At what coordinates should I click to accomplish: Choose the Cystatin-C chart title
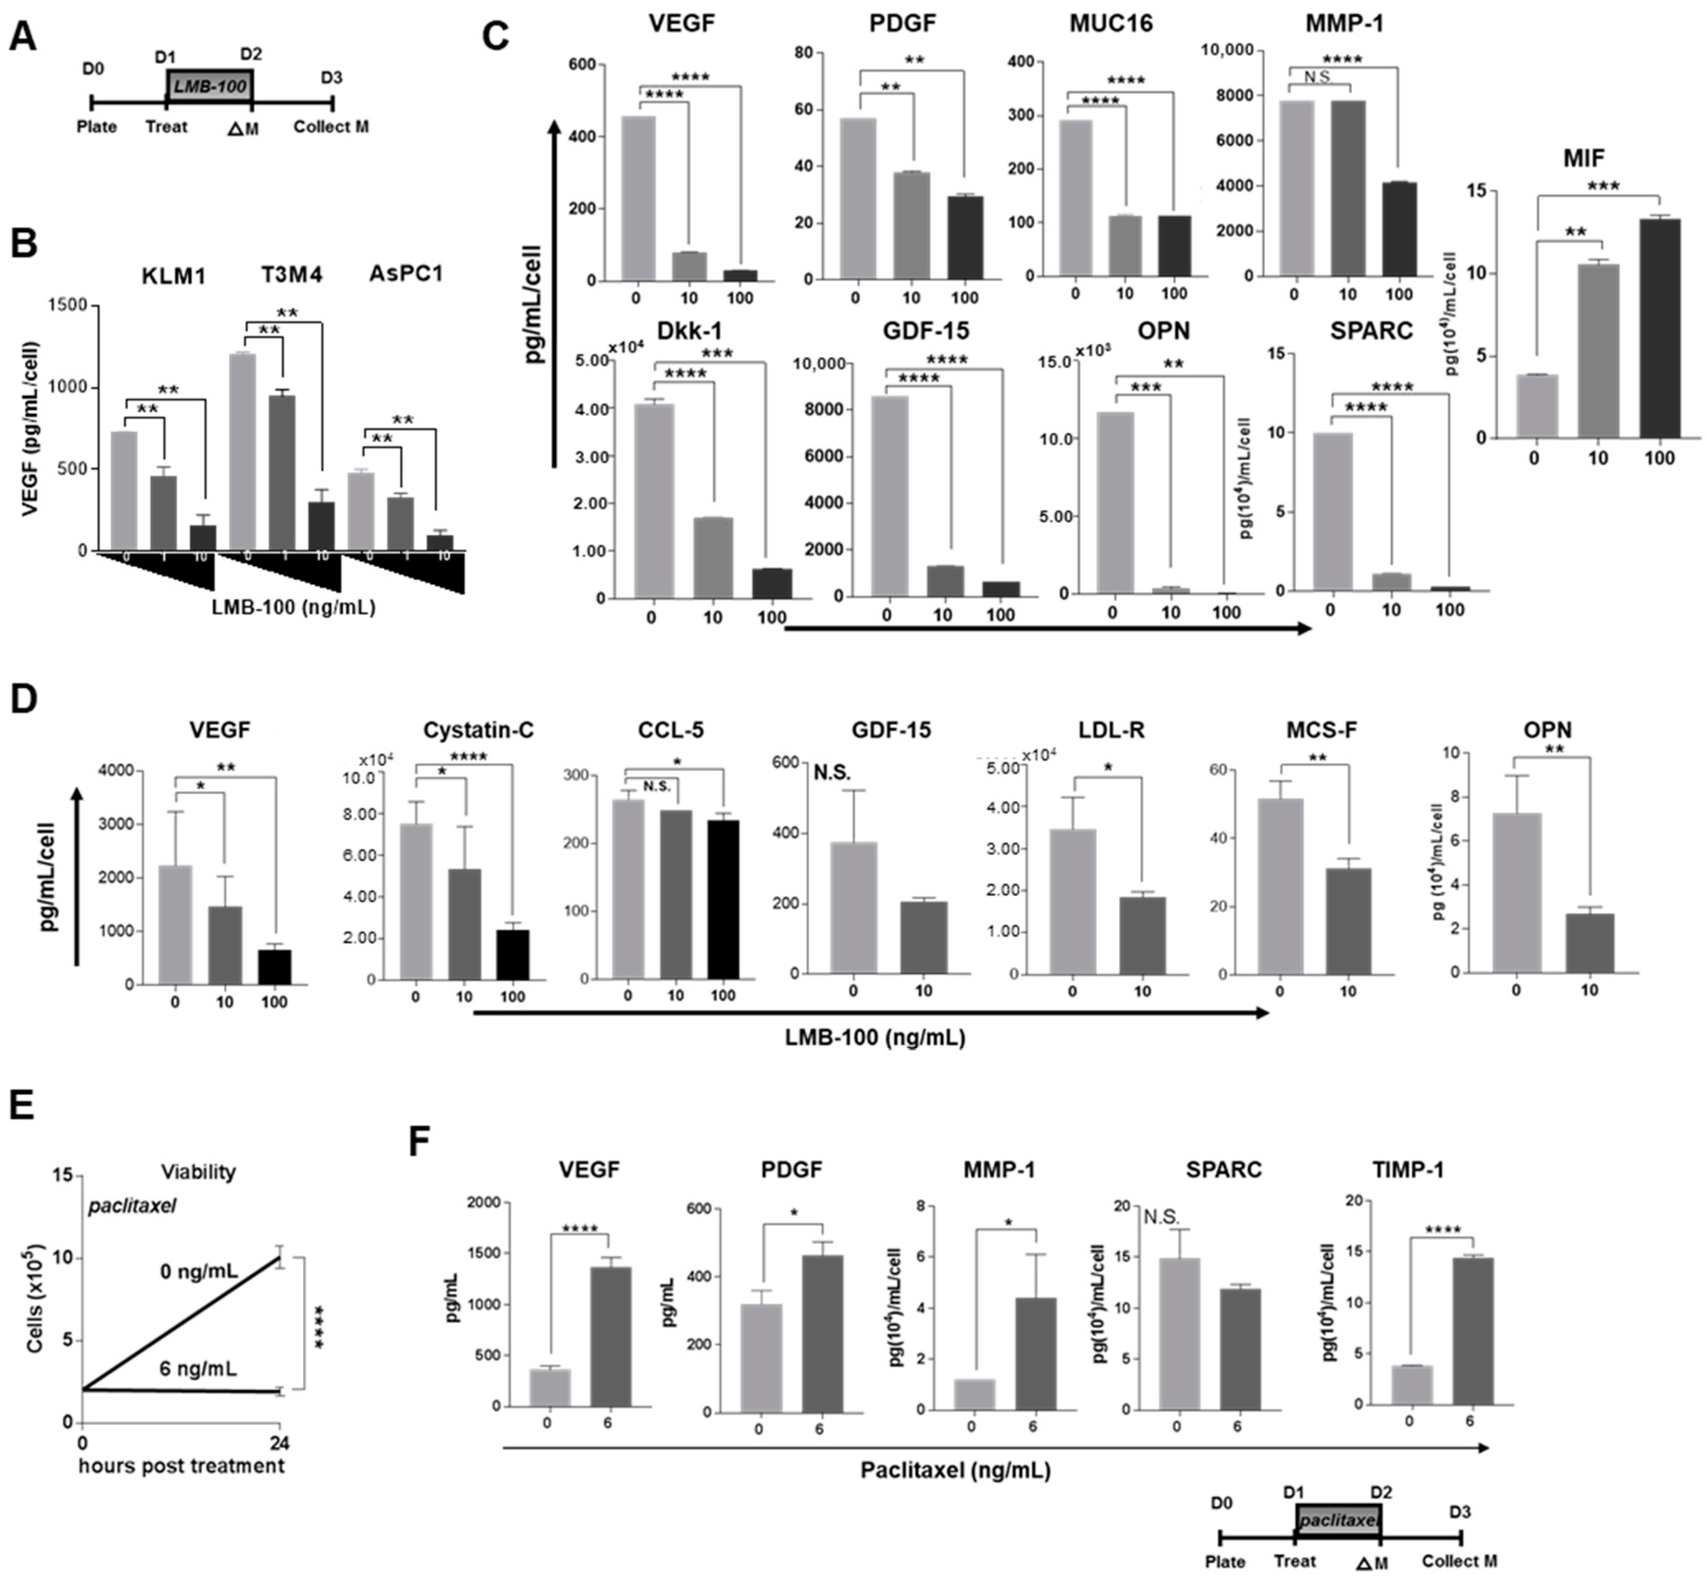[x=478, y=730]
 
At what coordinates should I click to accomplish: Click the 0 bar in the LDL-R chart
[x=1073, y=902]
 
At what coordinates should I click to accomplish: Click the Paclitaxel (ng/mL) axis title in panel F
[x=955, y=1470]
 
